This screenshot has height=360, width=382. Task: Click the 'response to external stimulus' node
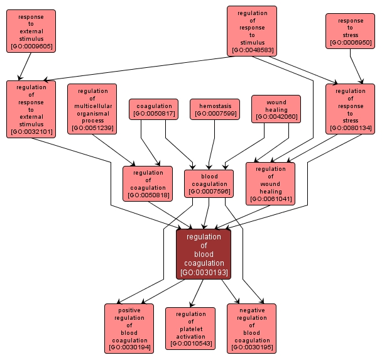[31, 31]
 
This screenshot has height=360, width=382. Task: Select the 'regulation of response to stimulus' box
[252, 31]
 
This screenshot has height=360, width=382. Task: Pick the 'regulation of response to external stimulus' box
[31, 109]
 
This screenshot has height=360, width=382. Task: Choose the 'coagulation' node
[154, 109]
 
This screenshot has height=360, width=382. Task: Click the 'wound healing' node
[276, 109]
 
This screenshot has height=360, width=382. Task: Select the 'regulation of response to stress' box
[350, 109]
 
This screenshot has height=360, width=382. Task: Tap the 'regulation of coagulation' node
[148, 183]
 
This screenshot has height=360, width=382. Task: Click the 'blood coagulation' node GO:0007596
[209, 183]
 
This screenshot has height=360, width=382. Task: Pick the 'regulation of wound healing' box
[270, 183]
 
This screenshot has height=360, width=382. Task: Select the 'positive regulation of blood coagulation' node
[129, 329]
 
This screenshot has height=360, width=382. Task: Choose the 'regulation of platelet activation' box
[190, 329]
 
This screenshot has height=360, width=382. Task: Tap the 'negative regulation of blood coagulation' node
[251, 329]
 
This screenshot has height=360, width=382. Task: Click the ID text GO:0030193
[204, 273]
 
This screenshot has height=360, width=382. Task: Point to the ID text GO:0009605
[31, 46]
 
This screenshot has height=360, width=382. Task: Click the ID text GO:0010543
[190, 344]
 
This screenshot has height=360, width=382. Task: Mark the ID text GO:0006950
[350, 43]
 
